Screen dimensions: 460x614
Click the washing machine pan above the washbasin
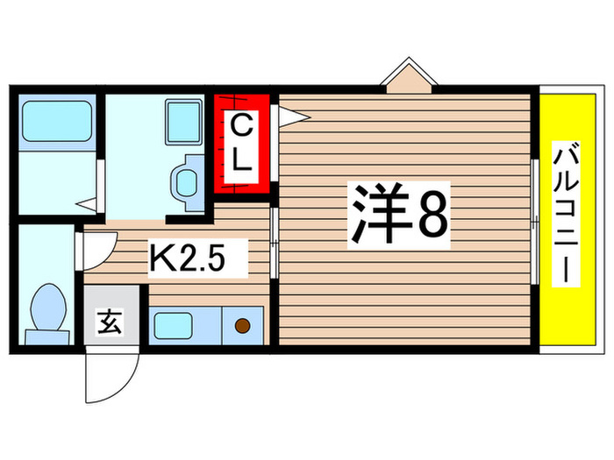(184, 120)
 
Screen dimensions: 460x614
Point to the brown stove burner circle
(243, 327)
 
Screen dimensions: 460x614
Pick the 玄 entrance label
(110, 323)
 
